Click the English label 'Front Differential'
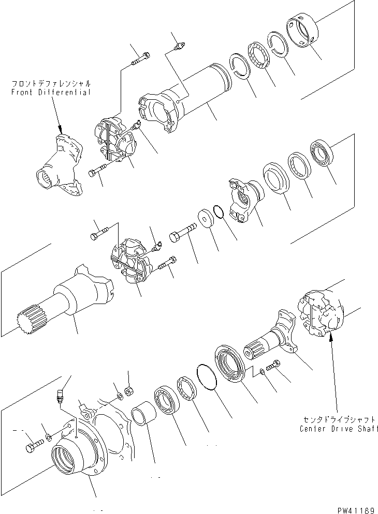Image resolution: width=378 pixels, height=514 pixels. coord(50,92)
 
